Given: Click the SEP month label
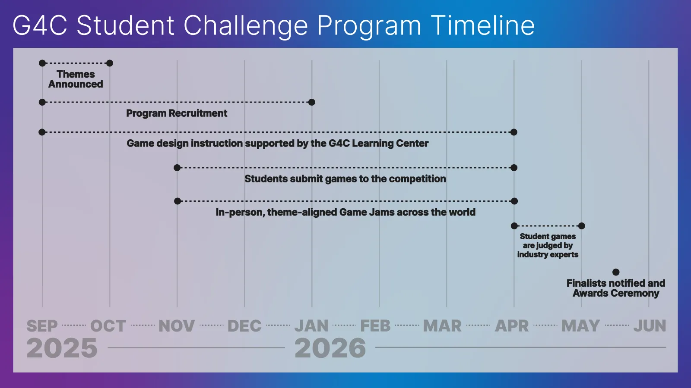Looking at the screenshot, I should pyautogui.click(x=42, y=326).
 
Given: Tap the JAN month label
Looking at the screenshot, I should pyautogui.click(x=311, y=326).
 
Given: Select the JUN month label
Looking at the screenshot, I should pyautogui.click(x=650, y=326).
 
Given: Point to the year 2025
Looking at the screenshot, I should pyautogui.click(x=62, y=348).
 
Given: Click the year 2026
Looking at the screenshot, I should pyautogui.click(x=330, y=348).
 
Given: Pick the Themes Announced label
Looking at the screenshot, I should pyautogui.click(x=76, y=79).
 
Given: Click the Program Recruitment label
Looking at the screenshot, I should pyautogui.click(x=177, y=113).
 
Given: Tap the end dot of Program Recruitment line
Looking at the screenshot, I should pyautogui.click(x=312, y=102).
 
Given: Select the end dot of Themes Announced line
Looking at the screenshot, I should pyautogui.click(x=110, y=63).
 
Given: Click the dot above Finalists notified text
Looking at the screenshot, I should pyautogui.click(x=616, y=272).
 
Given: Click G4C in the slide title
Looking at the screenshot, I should pyautogui.click(x=40, y=25).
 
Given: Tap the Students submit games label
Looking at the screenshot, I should pyautogui.click(x=345, y=179).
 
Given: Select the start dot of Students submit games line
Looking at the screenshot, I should pyautogui.click(x=177, y=168).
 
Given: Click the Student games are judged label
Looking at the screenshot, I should pyautogui.click(x=548, y=245).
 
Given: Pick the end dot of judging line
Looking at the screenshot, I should pyautogui.click(x=582, y=226).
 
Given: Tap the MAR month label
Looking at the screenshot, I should pyautogui.click(x=442, y=326).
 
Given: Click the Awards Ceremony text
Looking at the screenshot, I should pyautogui.click(x=616, y=294).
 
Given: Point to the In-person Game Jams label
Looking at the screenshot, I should pyautogui.click(x=345, y=212).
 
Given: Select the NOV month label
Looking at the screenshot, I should pyautogui.click(x=177, y=326).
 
